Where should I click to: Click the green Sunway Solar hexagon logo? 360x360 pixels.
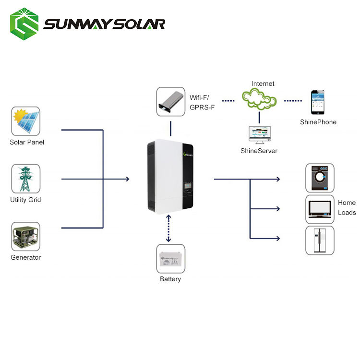(24, 24)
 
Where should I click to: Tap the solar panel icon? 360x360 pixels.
(25, 121)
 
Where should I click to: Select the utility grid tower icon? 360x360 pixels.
(25, 179)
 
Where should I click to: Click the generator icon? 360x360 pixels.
(25, 236)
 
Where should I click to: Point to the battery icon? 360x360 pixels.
(170, 259)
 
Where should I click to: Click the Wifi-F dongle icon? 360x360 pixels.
(170, 101)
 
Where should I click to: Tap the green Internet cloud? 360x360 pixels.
(259, 99)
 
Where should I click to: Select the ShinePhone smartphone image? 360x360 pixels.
(318, 102)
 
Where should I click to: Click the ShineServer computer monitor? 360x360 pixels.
(260, 134)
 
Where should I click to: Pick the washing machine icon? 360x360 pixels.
(320, 178)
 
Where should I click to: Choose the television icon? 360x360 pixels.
(320, 209)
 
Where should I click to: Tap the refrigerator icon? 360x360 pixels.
(320, 240)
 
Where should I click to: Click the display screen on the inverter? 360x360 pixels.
(188, 185)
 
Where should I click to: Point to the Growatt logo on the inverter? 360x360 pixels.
(188, 155)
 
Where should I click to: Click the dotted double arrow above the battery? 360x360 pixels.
(168, 228)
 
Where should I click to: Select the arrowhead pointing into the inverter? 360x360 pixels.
(127, 179)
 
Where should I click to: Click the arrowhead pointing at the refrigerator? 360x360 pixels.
(278, 239)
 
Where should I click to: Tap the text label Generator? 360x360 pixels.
(26, 257)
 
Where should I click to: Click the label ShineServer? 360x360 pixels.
(259, 151)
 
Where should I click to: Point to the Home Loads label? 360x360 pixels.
(347, 207)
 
